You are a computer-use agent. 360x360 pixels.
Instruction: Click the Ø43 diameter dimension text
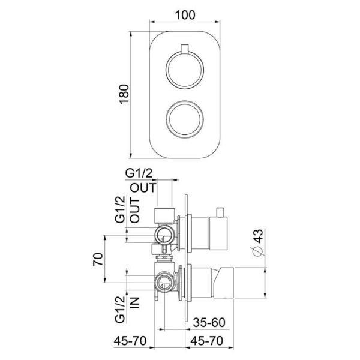(x=257, y=244)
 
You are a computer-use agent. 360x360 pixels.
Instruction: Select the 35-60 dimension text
(x=209, y=322)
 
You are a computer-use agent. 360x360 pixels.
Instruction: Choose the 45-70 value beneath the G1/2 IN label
(x=130, y=341)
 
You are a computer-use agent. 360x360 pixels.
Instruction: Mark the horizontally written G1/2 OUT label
(x=141, y=180)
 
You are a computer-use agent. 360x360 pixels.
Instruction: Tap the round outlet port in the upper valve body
(x=162, y=233)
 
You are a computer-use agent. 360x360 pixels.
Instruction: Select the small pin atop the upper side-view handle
(x=221, y=212)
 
